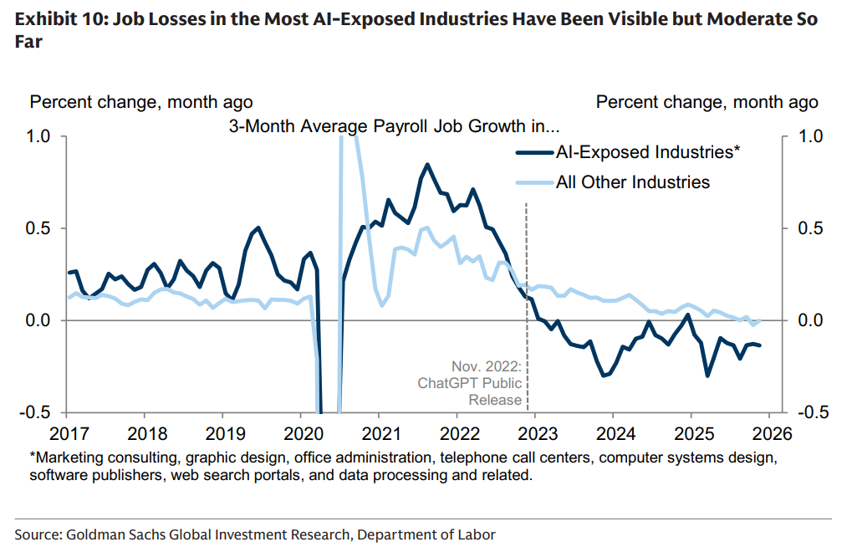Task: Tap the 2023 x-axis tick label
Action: pyautogui.click(x=535, y=435)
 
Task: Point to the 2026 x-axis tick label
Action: pyautogui.click(x=771, y=435)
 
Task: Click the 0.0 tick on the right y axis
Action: pyautogui.click(x=807, y=320)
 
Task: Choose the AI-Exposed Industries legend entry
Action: pyautogui.click(x=648, y=152)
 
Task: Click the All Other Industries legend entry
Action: pyautogui.click(x=633, y=181)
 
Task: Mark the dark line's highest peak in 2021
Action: pyautogui.click(x=427, y=164)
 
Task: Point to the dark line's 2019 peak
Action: pyautogui.click(x=258, y=227)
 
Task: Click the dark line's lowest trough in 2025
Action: pyautogui.click(x=707, y=376)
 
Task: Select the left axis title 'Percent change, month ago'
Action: pyautogui.click(x=141, y=103)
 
